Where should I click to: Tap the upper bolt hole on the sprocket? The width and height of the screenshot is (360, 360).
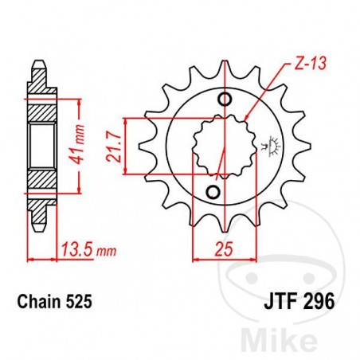[225, 99]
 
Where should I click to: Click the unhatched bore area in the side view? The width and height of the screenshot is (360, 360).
[39, 144]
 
